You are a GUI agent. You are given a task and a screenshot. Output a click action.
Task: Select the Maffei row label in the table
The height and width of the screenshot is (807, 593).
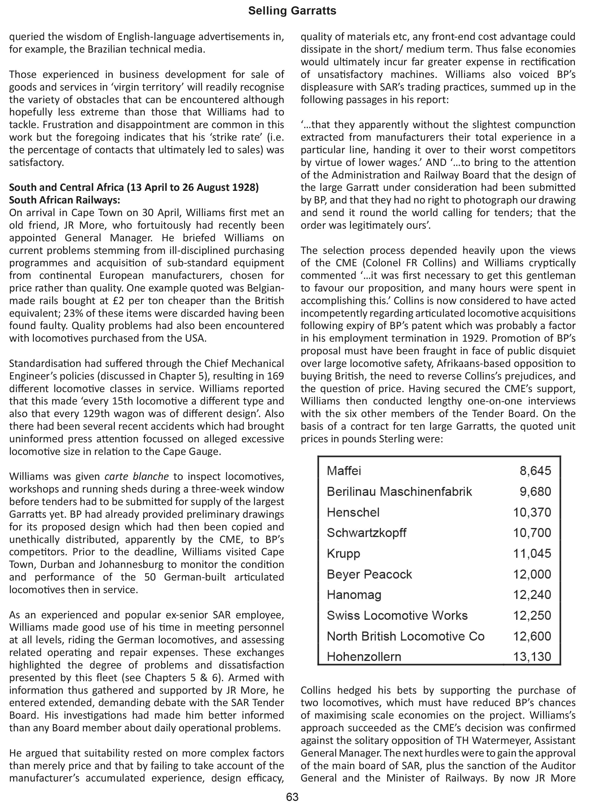click(344, 471)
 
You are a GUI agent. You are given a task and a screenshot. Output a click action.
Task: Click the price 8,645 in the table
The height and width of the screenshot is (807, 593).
click(535, 471)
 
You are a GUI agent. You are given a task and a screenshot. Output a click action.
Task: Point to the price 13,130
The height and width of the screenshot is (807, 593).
click(532, 657)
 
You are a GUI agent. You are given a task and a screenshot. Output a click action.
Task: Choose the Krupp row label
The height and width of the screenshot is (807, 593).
click(343, 554)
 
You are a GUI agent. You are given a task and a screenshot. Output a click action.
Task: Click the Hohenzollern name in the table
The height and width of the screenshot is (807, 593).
click(364, 657)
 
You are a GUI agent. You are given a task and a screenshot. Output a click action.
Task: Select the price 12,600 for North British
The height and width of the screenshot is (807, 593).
click(532, 636)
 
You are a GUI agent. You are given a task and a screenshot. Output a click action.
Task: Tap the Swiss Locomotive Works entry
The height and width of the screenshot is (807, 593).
click(397, 616)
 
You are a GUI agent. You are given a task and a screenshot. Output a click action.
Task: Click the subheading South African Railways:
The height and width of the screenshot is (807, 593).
click(65, 200)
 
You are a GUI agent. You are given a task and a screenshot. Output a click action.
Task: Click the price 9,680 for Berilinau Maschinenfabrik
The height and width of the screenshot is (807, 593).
click(535, 492)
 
